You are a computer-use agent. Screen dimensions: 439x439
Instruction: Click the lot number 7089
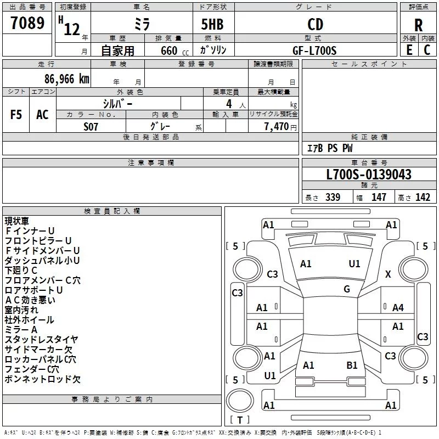[27, 22]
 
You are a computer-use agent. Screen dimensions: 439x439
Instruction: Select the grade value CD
[315, 24]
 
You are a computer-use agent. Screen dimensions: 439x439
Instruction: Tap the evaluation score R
[418, 25]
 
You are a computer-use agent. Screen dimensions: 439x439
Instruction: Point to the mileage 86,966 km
[66, 79]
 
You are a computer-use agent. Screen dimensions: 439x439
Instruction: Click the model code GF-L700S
[314, 50]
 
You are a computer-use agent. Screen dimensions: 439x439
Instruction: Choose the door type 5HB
[212, 24]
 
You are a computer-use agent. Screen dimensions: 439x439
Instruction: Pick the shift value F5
[16, 115]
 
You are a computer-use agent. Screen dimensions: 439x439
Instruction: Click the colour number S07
[91, 127]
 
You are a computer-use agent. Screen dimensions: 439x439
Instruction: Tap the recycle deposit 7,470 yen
[280, 127]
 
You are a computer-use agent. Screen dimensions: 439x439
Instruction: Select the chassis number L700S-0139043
[369, 175]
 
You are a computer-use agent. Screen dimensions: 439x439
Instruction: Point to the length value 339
[333, 197]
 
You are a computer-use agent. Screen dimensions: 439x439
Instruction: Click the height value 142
[423, 197]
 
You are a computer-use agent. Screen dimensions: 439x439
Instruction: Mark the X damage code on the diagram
[388, 274]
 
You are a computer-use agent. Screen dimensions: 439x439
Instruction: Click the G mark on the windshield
[347, 289]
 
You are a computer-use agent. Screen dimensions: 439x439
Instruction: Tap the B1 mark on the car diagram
[352, 365]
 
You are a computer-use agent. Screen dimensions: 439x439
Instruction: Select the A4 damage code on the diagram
[398, 308]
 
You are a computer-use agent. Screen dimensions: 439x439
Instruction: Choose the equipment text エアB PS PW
[330, 148]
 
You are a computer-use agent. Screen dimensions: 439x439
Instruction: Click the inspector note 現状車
[17, 221]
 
